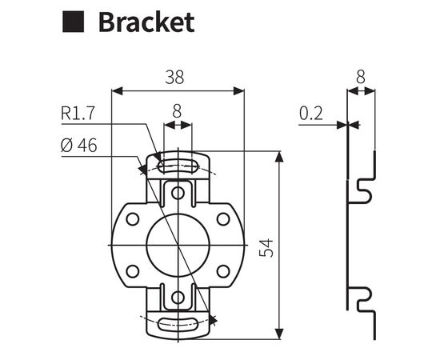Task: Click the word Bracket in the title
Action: (x=146, y=22)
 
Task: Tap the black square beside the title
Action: (x=73, y=22)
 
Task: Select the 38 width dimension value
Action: (x=174, y=77)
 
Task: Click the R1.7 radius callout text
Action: (x=78, y=113)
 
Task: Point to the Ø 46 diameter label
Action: (x=79, y=145)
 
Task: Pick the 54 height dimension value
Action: (x=266, y=247)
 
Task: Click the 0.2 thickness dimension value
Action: (x=311, y=114)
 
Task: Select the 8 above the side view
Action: (x=361, y=77)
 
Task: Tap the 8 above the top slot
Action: (x=177, y=111)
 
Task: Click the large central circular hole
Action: (x=178, y=245)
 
